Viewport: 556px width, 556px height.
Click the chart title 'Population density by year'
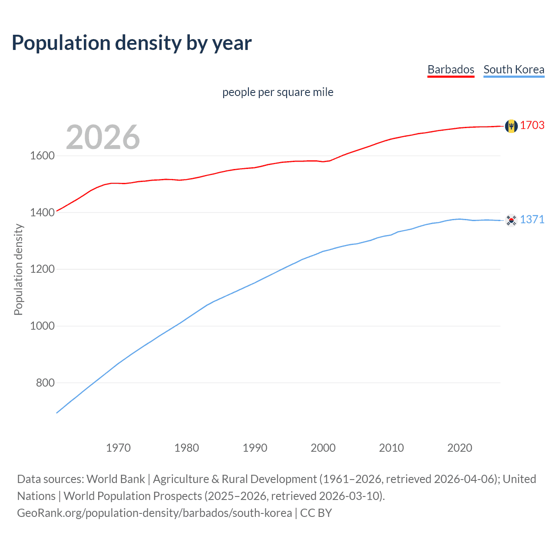coord(132,43)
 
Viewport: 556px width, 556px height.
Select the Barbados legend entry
coord(450,69)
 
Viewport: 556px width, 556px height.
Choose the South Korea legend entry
coord(513,69)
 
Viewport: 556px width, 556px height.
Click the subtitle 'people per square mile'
coord(278,92)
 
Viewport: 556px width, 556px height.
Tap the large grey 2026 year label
coord(103,137)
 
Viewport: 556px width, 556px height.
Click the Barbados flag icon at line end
coord(511,126)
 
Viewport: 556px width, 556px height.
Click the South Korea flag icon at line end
coord(511,220)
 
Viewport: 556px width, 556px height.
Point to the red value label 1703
coord(532,126)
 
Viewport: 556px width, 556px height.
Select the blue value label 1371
coord(532,220)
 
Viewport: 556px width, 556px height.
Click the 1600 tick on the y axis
coord(42,156)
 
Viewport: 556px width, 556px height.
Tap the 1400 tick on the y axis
coord(42,212)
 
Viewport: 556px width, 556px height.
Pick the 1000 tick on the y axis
coord(42,326)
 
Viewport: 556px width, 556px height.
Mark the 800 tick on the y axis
coord(45,383)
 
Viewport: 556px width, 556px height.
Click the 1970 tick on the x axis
coord(118,448)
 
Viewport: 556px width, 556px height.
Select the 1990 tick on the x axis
coord(255,448)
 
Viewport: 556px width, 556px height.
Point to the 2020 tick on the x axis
coord(460,448)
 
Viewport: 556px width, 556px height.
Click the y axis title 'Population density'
coord(18,269)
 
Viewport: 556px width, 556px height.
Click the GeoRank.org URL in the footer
coord(154,513)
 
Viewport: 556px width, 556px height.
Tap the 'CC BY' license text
coord(316,513)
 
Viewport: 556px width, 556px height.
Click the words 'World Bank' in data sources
coord(116,479)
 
